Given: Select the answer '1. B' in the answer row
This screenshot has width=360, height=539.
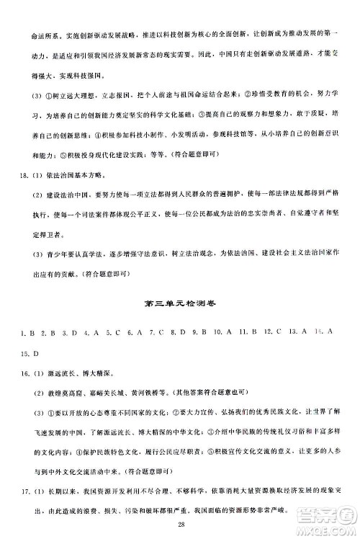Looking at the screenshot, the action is (x=29, y=332).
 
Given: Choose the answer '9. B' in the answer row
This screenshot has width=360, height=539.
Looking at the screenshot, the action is (x=196, y=332).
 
